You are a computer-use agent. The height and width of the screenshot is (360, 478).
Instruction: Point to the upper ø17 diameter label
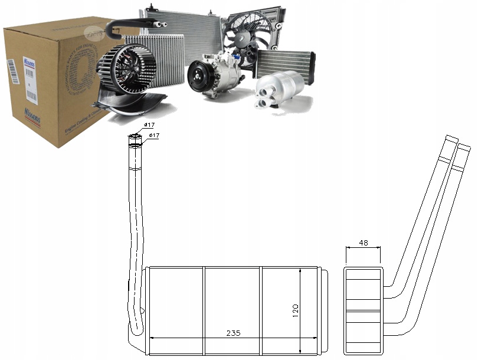click(x=150, y=125)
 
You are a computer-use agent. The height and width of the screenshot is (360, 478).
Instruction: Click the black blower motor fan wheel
click(x=126, y=67)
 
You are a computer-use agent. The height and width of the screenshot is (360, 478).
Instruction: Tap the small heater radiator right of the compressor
click(x=284, y=61)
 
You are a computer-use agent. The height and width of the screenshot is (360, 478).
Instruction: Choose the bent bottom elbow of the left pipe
click(x=138, y=322)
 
